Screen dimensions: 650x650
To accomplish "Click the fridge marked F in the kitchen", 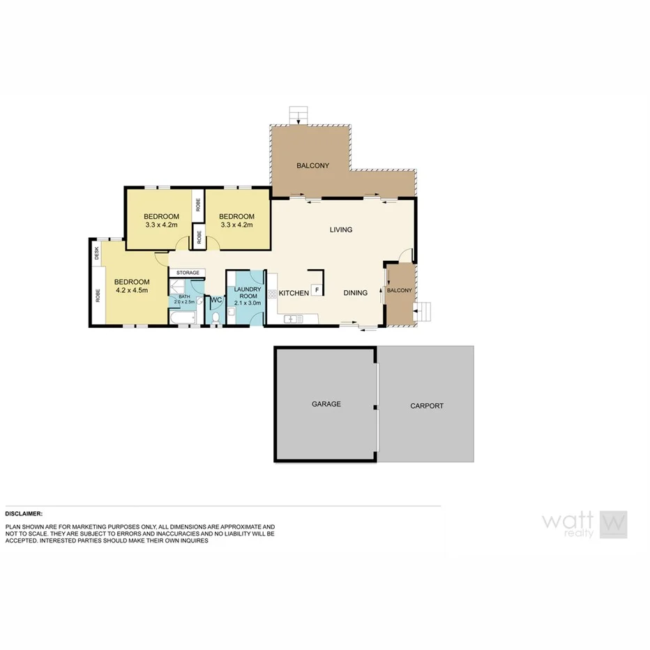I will coord(317,289).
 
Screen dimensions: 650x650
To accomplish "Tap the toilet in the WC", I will coord(216,318).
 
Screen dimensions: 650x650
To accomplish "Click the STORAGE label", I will coord(188,273).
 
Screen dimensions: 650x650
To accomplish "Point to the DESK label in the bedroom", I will coord(97,252).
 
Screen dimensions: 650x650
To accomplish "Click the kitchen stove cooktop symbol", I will coord(273,294).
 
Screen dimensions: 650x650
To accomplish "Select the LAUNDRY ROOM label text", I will coord(247,293).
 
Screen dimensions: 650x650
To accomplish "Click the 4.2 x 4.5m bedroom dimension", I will coord(132,290).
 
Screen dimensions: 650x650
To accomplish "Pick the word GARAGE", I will coord(326,404).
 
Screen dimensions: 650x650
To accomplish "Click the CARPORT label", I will coord(426,405).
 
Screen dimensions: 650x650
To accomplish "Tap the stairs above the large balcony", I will coord(298,114).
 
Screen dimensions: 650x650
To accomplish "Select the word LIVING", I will coord(341,229).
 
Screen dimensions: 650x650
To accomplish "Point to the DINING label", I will coord(355,293).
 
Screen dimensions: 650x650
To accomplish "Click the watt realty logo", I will coord(584,524).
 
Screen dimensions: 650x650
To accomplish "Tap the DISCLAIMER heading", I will coord(24,513).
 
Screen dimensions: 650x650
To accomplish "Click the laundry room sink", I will coord(231,312).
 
